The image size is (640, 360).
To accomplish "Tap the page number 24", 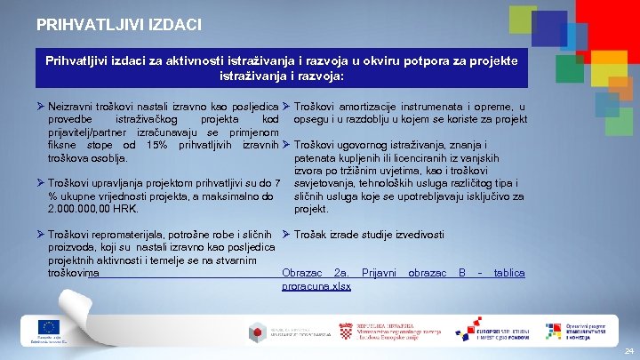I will point(629,352).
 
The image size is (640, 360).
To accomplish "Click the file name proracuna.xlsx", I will point(316,286).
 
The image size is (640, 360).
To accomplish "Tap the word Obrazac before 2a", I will point(300,273).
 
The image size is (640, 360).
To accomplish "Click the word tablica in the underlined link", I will point(509,273).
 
